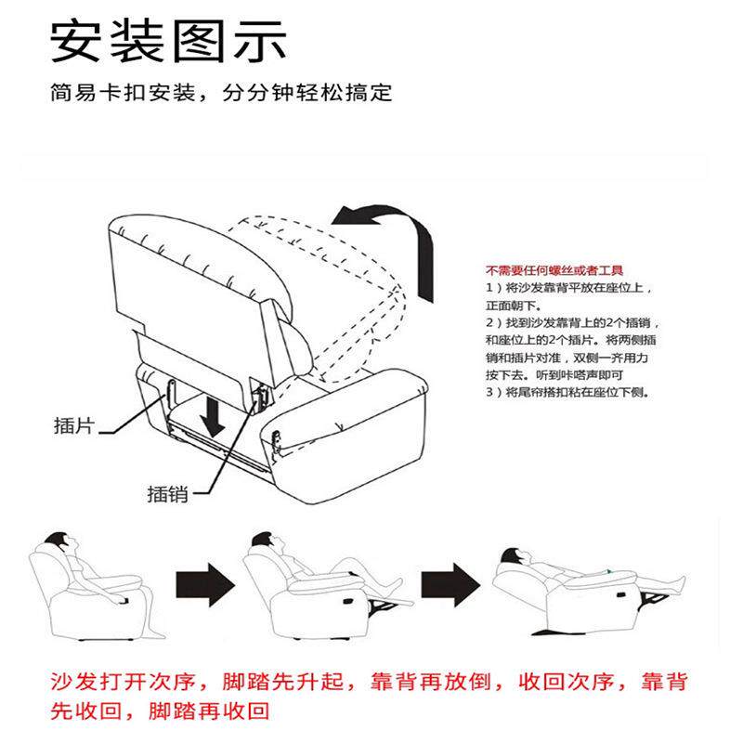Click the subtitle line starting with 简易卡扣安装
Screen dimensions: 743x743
coord(222,93)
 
